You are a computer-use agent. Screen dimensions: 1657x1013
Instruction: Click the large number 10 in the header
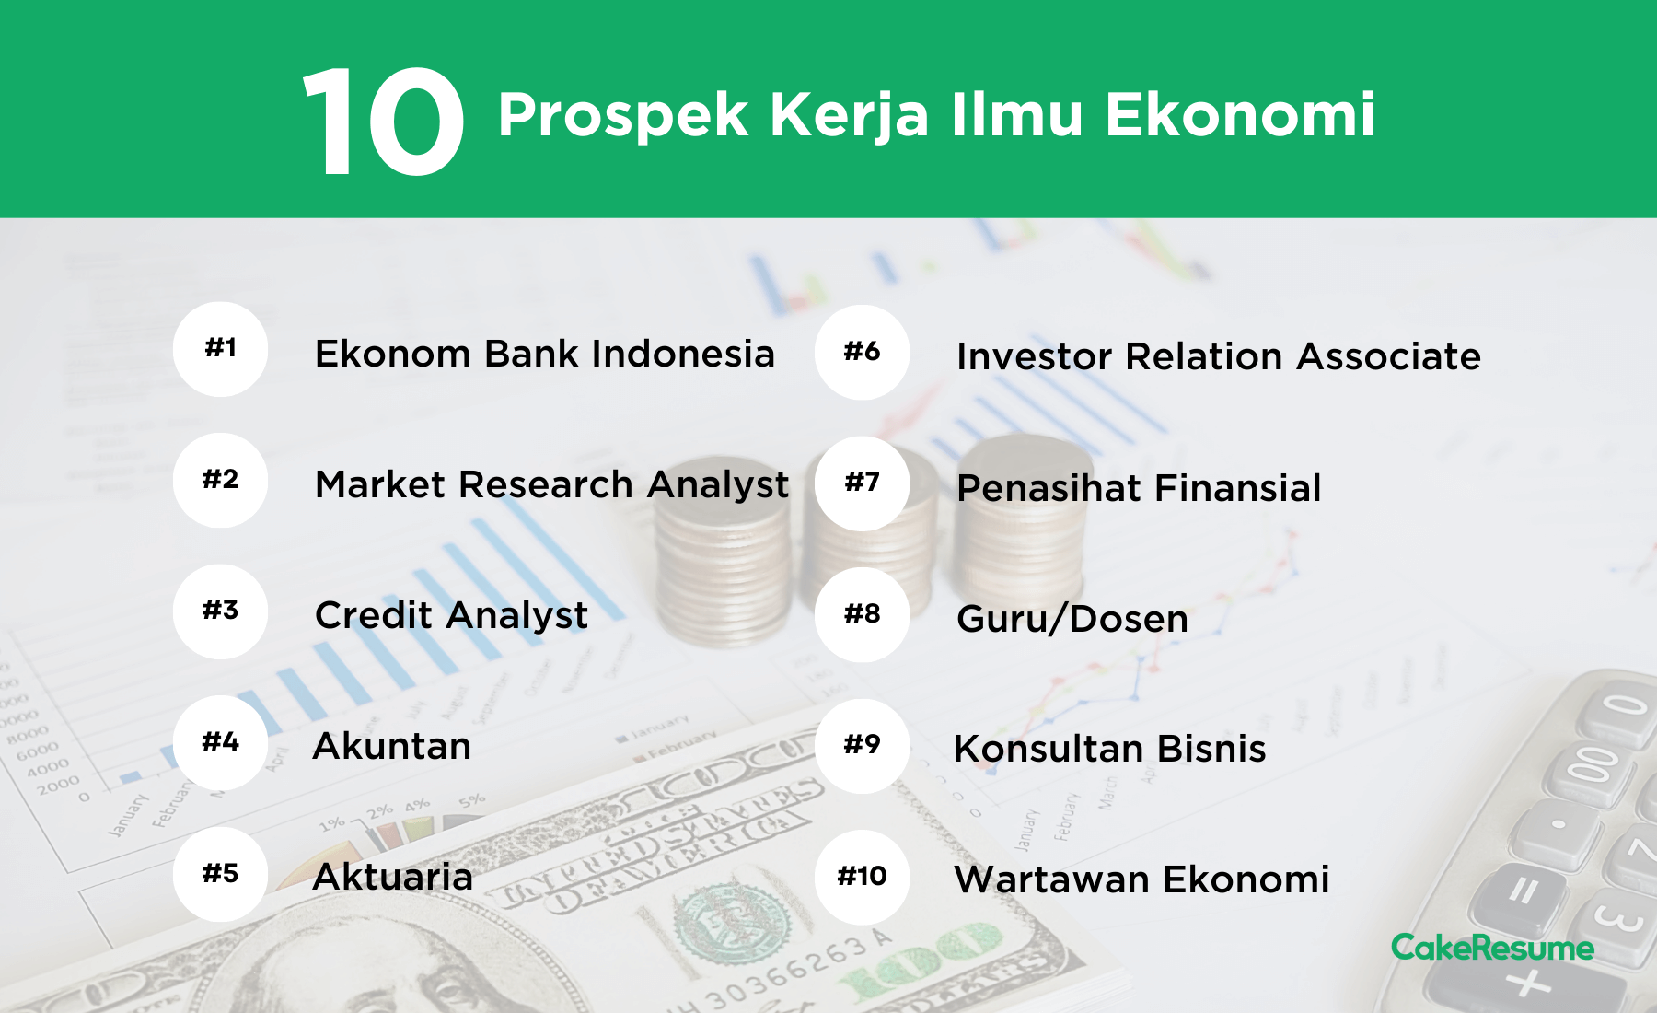383,121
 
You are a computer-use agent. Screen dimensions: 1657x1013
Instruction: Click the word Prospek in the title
623,117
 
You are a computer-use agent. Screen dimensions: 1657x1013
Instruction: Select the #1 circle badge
220,349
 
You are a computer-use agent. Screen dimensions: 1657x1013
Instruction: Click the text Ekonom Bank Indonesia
545,354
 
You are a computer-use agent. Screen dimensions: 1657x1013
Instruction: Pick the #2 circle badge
220,480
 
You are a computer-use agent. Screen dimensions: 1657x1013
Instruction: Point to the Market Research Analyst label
552,485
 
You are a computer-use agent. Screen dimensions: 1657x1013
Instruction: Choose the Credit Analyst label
451,616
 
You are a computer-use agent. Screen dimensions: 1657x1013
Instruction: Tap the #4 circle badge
220,742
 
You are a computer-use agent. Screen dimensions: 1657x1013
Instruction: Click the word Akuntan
392,746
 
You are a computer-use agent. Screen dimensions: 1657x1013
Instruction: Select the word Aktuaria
393,877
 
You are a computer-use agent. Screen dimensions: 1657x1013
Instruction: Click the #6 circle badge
862,352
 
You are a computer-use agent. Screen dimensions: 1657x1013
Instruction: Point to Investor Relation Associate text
1219,356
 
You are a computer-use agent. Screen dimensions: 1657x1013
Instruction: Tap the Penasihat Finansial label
1139,488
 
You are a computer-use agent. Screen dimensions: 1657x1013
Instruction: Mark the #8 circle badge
862,614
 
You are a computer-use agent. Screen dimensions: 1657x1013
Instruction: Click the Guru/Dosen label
1072,619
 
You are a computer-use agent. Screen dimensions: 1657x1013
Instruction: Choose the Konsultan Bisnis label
1110,750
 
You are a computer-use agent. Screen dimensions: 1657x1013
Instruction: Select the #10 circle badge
862,877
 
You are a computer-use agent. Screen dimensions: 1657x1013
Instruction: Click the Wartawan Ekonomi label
1141,879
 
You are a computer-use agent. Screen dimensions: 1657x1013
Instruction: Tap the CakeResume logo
1492,948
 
